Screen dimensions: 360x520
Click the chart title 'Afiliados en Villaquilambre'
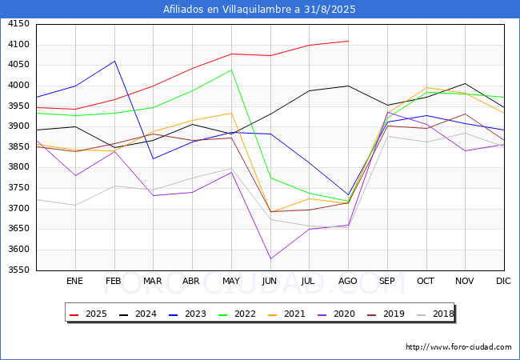259,10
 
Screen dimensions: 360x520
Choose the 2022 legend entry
244,314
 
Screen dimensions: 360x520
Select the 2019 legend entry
393,314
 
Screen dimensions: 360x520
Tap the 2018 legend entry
442,314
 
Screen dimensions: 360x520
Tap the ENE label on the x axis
74,282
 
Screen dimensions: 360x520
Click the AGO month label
348,282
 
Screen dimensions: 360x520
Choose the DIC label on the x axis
503,282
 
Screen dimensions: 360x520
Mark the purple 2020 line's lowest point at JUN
270,258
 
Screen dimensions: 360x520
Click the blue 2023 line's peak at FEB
114,62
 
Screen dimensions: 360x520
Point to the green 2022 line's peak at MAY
231,70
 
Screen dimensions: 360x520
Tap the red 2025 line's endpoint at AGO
348,41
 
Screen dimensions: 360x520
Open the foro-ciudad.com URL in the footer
458,347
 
